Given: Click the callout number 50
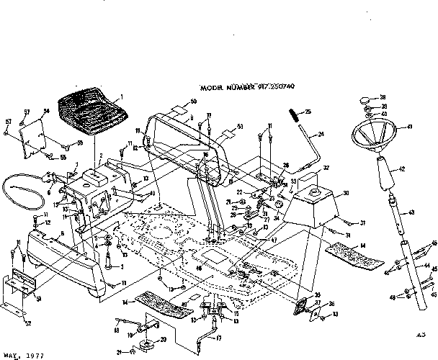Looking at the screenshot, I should (x=193, y=102).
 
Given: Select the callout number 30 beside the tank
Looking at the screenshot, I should (x=345, y=193).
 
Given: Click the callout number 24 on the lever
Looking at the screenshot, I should (x=321, y=134).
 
